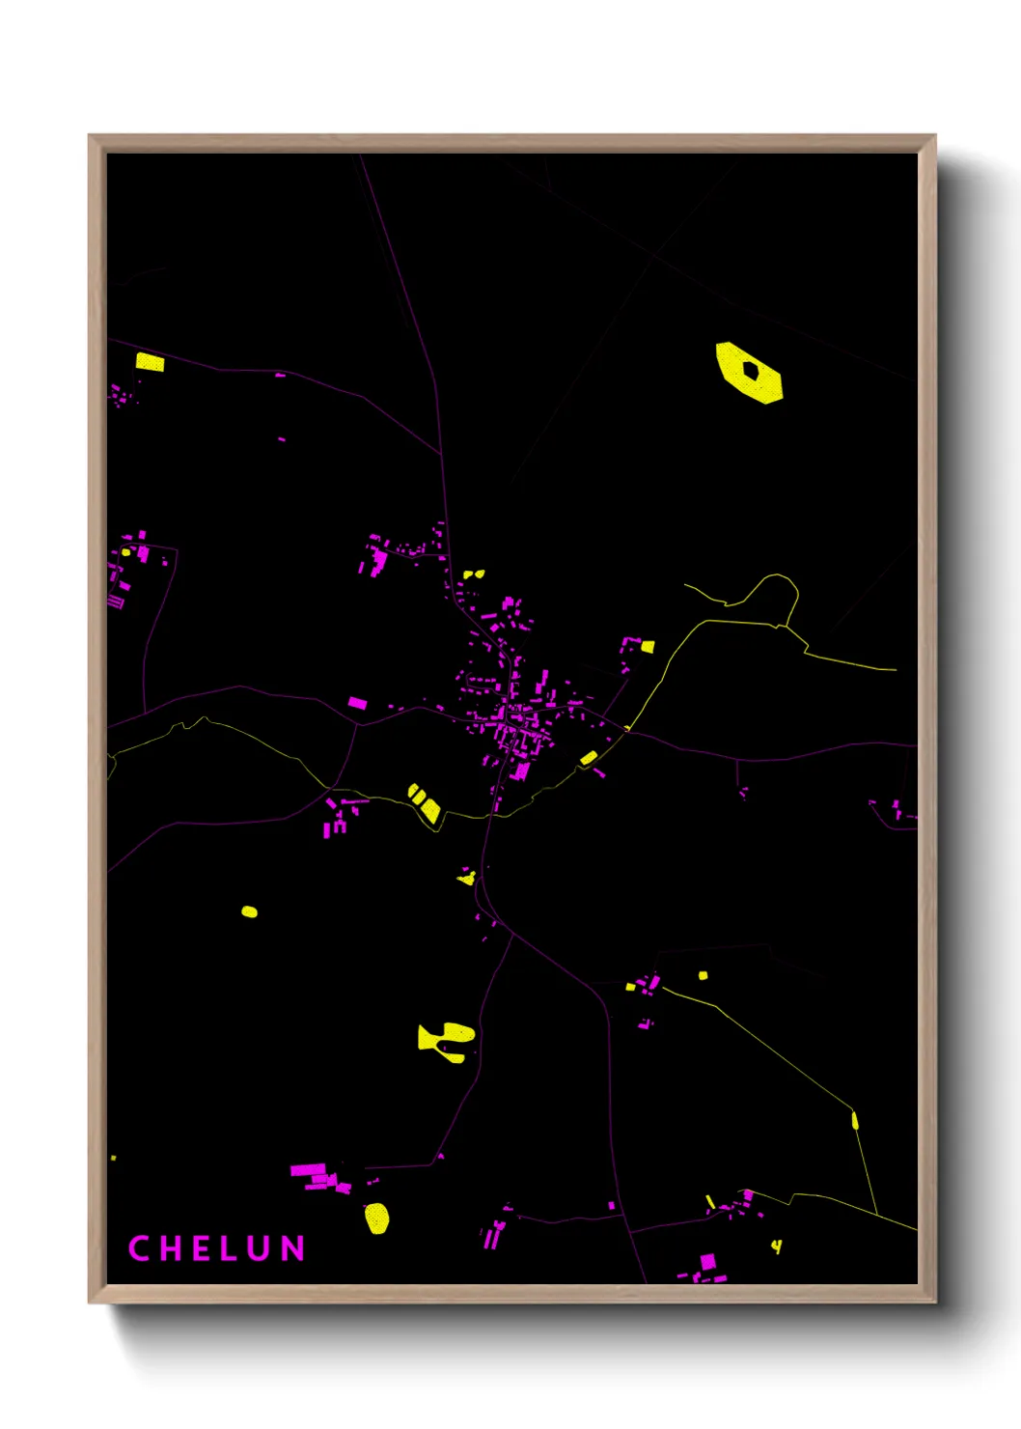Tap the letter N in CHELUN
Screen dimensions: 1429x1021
(x=293, y=1248)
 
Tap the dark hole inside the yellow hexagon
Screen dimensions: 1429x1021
(x=751, y=370)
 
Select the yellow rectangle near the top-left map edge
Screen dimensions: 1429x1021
(x=150, y=363)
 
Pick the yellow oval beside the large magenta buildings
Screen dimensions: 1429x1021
(x=377, y=1218)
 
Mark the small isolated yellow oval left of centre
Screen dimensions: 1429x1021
(x=249, y=911)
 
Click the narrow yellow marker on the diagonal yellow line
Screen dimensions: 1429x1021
(x=855, y=1121)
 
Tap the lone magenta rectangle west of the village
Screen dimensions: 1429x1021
(x=357, y=703)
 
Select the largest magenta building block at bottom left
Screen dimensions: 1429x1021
(x=309, y=1171)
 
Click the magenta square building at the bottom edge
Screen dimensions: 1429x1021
(x=707, y=1261)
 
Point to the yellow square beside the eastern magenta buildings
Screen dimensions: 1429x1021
(x=648, y=646)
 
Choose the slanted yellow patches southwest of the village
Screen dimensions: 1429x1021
(x=425, y=804)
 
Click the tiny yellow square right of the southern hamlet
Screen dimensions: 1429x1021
(x=703, y=975)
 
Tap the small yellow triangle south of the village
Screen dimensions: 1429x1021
(x=468, y=878)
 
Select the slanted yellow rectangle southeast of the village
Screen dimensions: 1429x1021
(x=588, y=758)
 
